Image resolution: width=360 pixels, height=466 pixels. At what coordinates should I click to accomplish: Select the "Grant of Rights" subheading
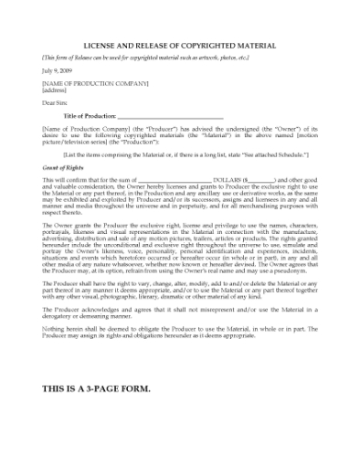pyautogui.click(x=65, y=168)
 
